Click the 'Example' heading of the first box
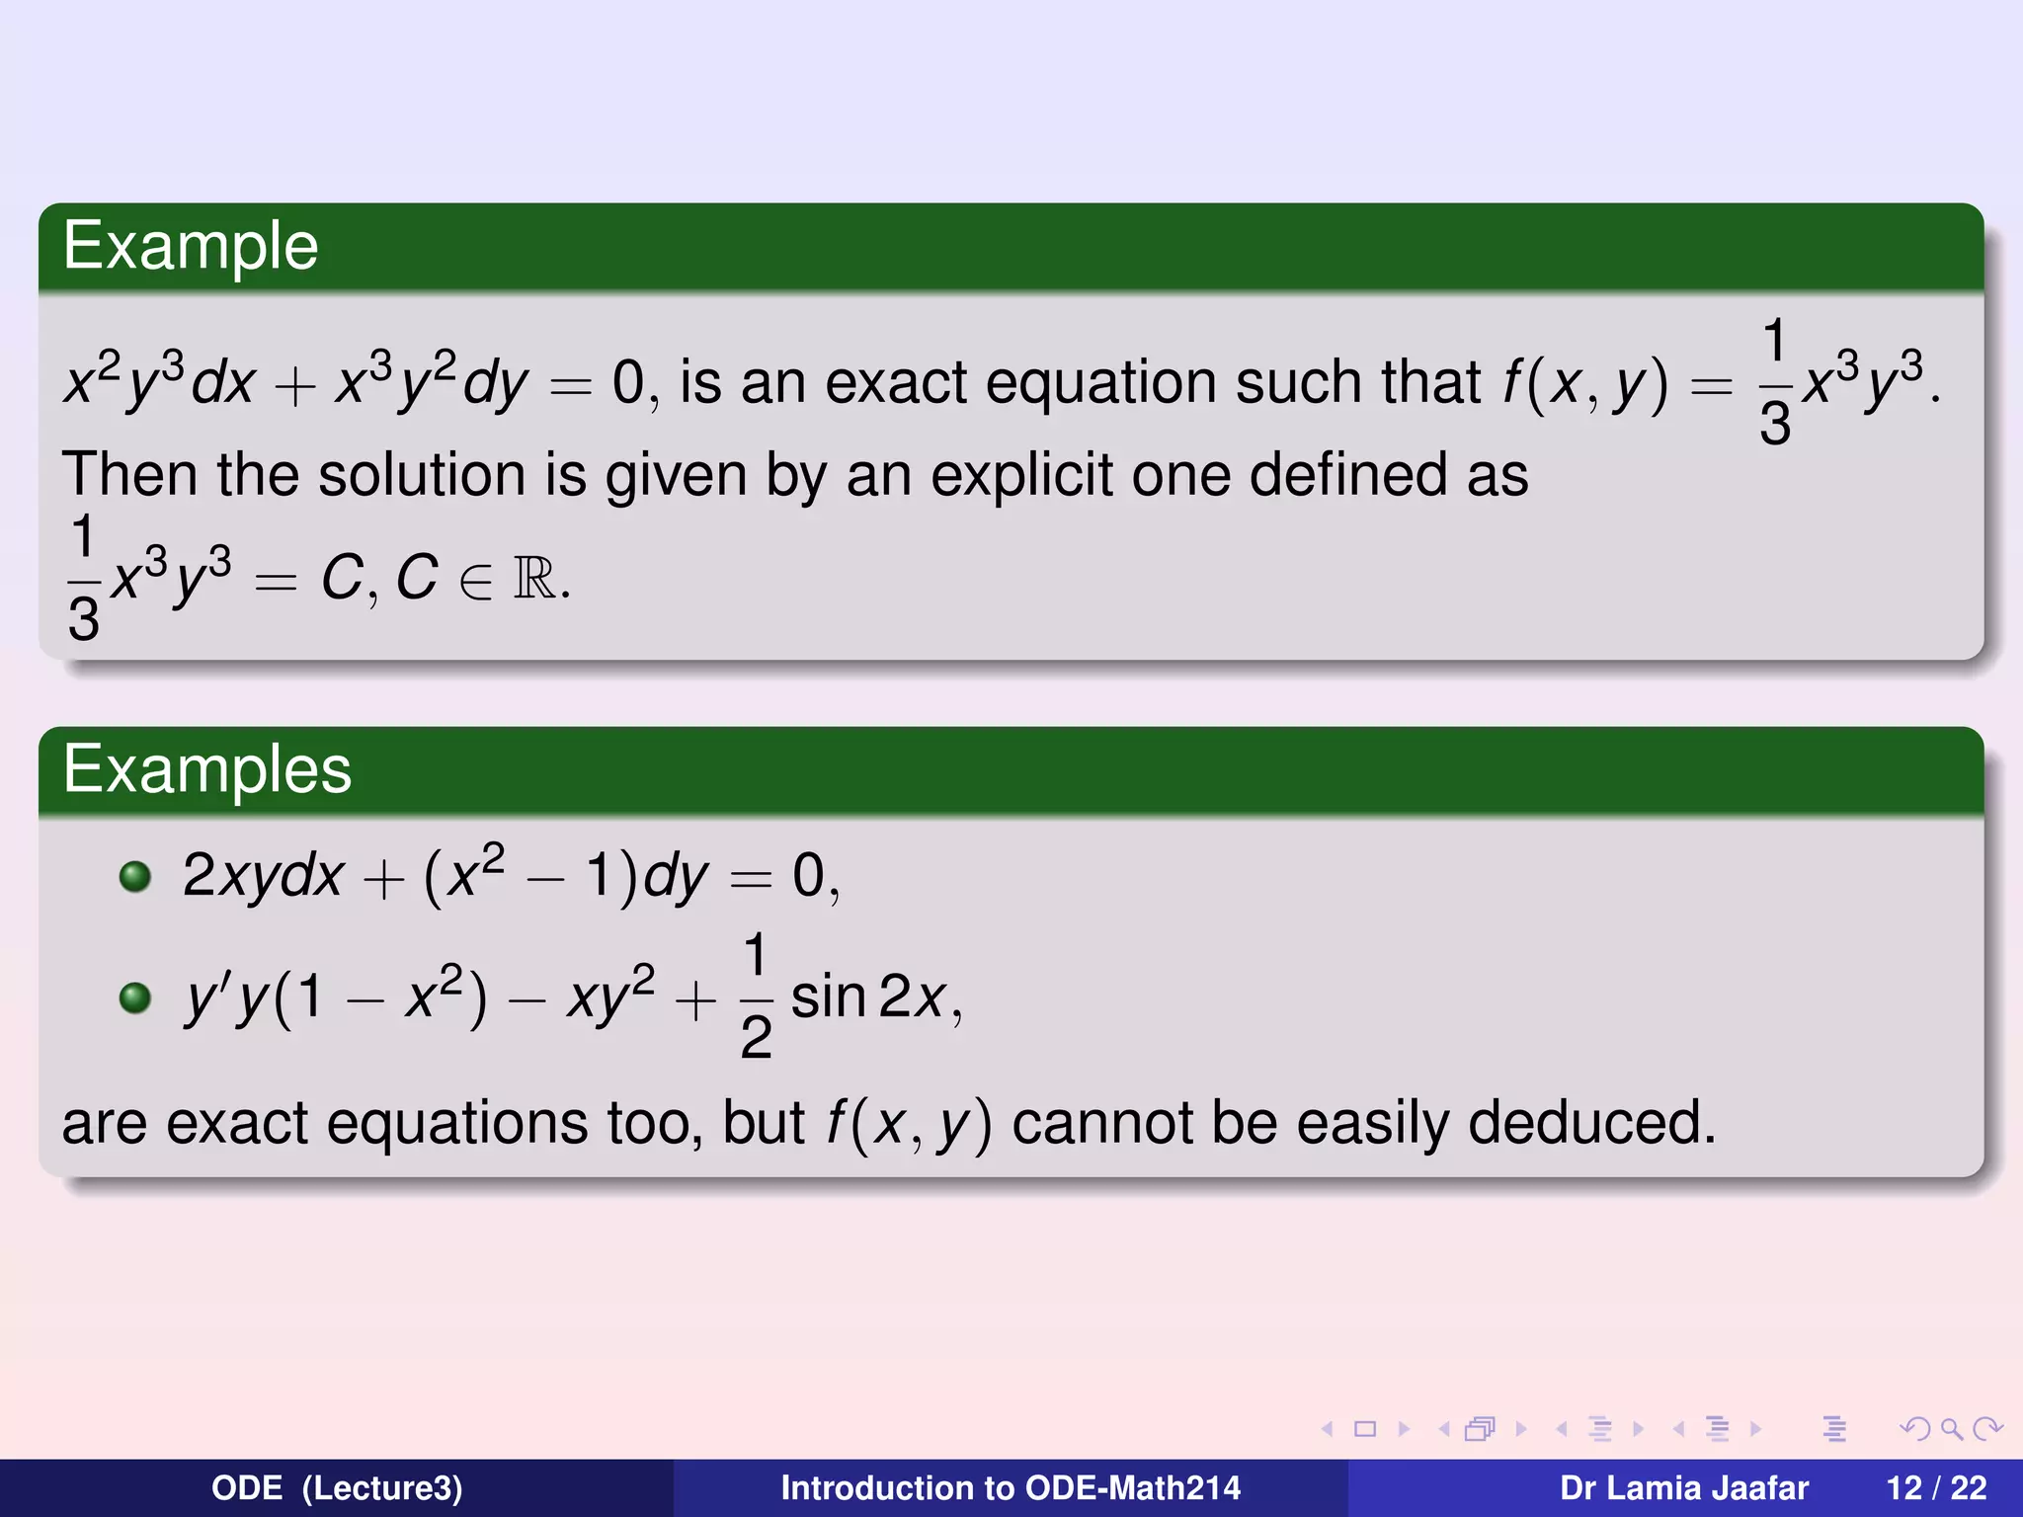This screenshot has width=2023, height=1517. (191, 247)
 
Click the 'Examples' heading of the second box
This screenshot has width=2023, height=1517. (207, 770)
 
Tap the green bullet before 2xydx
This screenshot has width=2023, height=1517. (135, 876)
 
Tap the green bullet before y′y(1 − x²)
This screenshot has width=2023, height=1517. (135, 998)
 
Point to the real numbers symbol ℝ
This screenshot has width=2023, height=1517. (534, 579)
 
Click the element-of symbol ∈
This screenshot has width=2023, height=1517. (475, 582)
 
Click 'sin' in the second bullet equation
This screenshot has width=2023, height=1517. (828, 998)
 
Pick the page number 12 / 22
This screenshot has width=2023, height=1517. (1936, 1488)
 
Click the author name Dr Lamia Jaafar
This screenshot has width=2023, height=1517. (1684, 1488)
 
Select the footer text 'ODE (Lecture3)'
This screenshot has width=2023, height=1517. (337, 1488)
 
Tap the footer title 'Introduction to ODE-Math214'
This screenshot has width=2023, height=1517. (1011, 1488)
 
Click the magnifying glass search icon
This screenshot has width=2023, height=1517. (1951, 1429)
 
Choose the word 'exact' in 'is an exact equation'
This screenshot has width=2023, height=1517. (896, 383)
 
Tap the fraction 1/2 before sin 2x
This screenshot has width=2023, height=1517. (756, 996)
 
